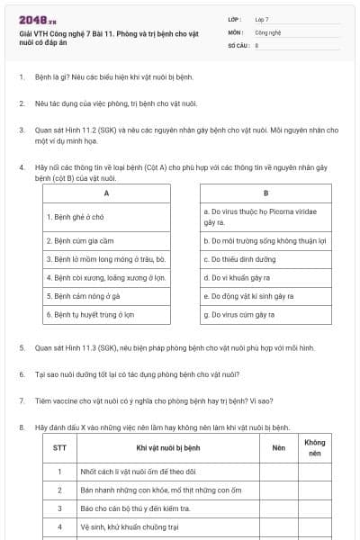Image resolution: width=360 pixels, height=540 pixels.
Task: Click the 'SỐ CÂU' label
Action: pyautogui.click(x=238, y=44)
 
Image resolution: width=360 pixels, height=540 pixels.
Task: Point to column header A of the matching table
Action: pyautogui.click(x=106, y=193)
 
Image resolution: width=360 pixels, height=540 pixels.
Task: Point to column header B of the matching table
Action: pyautogui.click(x=265, y=193)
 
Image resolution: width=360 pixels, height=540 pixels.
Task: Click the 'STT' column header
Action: pyautogui.click(x=59, y=447)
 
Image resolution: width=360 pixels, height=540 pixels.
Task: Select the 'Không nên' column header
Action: pyautogui.click(x=315, y=447)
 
